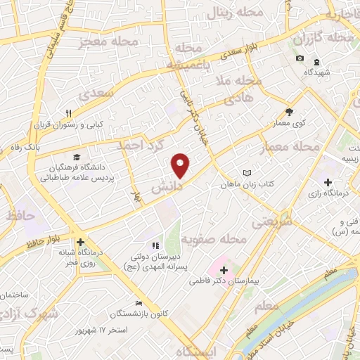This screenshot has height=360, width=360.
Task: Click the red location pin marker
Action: click(181, 165)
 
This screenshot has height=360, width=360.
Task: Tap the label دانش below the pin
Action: click(167, 188)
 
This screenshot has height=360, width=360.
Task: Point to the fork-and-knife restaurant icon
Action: click(69, 112)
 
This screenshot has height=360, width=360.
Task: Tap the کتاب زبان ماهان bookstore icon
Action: click(246, 173)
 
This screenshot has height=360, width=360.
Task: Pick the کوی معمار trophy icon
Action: click(289, 112)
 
